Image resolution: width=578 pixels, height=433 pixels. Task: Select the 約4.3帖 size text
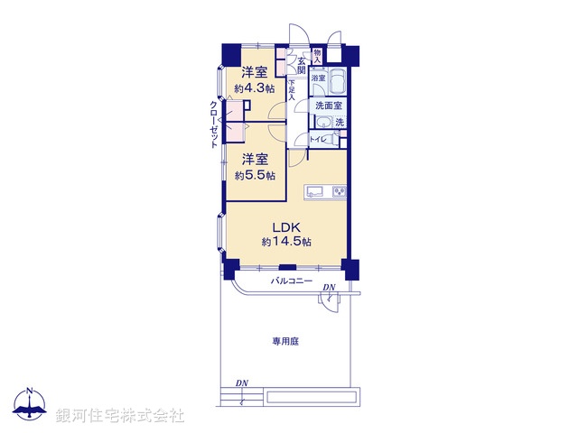pos(254,88)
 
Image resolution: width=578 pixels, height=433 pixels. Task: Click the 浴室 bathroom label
pos(318,79)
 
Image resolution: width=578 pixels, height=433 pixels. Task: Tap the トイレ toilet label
pos(318,140)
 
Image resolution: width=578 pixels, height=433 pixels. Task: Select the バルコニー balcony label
pos(292,282)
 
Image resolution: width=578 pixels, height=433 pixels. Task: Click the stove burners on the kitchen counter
pos(339,191)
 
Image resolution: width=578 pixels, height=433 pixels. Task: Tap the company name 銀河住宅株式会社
pos(119,415)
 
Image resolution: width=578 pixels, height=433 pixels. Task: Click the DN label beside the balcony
pos(329,288)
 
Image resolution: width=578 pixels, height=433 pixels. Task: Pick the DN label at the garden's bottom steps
pos(242,383)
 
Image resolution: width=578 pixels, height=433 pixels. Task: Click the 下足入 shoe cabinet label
pos(292,88)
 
